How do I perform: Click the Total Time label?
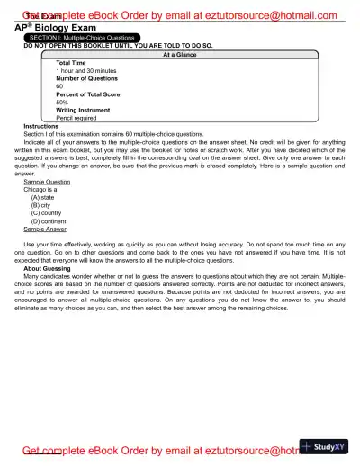pyautogui.click(x=72, y=62)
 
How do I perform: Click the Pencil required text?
pyautogui.click(x=77, y=118)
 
